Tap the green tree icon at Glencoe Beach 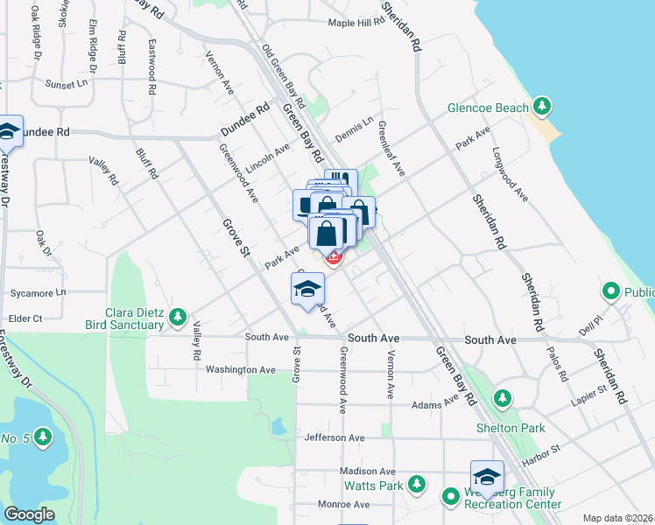pos(542,107)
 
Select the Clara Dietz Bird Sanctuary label pos(124,318)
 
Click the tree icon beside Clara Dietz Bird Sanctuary pos(178,315)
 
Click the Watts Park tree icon pos(417,484)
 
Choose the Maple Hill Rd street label pos(356,23)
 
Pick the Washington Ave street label pos(241,370)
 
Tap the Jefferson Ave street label pos(335,437)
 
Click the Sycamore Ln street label pos(35,293)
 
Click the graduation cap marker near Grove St pos(307,288)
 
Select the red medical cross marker pos(333,256)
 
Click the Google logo pos(30,514)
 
